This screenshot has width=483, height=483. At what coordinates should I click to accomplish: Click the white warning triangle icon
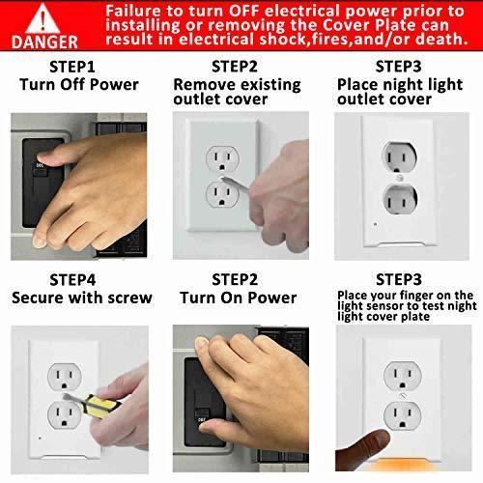(43, 18)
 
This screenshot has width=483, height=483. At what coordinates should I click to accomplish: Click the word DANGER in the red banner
(44, 43)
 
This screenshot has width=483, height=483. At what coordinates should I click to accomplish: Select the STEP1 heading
(72, 67)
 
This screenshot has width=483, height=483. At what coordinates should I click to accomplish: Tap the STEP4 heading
(72, 280)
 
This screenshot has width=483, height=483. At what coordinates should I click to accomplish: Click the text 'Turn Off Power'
(79, 85)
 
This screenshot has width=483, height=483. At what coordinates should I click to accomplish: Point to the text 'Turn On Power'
(239, 298)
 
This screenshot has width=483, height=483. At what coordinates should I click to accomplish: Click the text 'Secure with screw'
(82, 298)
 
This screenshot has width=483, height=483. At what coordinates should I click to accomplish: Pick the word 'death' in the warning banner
(439, 40)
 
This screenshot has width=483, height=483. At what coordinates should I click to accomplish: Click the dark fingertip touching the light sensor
(377, 441)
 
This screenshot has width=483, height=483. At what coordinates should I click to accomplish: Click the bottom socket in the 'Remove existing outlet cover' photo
(222, 194)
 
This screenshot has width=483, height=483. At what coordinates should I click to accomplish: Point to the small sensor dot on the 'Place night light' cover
(376, 224)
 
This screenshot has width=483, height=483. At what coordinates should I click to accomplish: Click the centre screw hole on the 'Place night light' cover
(399, 178)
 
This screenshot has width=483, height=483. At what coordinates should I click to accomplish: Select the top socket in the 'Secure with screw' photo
(65, 377)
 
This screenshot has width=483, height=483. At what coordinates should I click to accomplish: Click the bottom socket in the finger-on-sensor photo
(403, 415)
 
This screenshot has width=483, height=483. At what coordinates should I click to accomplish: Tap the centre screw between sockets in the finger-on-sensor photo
(402, 395)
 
